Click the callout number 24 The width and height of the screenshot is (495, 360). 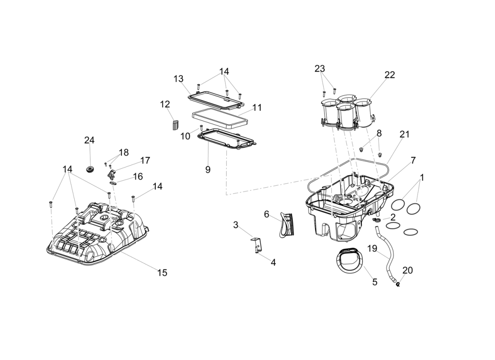[x=90, y=140]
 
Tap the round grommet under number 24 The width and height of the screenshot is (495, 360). [x=90, y=170]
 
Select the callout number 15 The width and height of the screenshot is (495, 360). [x=162, y=272]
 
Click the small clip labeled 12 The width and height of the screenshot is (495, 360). [x=175, y=125]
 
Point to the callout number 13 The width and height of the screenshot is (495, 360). [x=179, y=79]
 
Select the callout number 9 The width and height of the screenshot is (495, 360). [x=208, y=170]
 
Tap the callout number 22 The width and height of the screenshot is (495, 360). [x=389, y=75]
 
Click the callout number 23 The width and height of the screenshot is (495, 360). [x=319, y=69]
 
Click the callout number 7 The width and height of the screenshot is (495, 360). [x=413, y=160]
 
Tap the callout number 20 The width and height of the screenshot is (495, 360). [x=407, y=270]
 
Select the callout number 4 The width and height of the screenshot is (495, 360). [x=273, y=262]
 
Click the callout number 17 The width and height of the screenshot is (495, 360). [x=145, y=160]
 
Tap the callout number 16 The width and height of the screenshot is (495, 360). [x=138, y=176]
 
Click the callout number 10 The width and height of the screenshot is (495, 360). [x=185, y=136]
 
